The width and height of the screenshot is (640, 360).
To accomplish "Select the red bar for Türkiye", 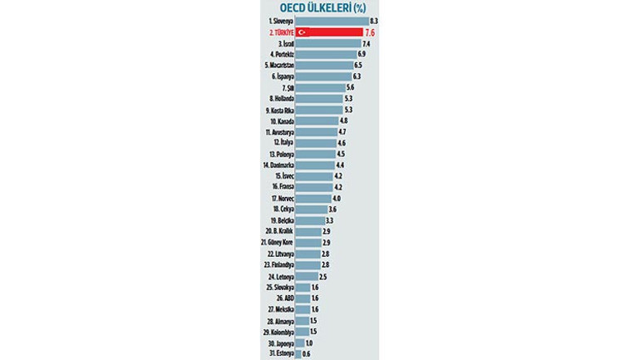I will (x=328, y=32).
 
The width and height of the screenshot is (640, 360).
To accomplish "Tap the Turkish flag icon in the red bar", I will (x=303, y=32).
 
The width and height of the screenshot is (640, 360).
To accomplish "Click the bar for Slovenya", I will (x=331, y=20).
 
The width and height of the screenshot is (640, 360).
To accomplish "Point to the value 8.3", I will (x=374, y=20).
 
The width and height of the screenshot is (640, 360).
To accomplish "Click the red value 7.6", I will (x=370, y=32).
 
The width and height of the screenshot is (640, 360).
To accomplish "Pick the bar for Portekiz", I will (x=324, y=54).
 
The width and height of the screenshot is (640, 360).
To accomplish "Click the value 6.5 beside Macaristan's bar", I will (x=358, y=65).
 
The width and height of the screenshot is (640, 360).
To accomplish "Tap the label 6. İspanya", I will (x=279, y=76).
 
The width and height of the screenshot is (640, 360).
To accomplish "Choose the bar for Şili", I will (x=318, y=87).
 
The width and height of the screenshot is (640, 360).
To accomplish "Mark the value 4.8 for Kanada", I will (x=344, y=121).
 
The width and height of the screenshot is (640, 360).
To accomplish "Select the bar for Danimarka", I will (x=313, y=165).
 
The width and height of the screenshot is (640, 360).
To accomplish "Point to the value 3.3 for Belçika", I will (x=330, y=220).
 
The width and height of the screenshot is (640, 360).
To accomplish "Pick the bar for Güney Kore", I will (x=308, y=243).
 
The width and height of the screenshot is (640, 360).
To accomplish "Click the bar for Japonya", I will (x=299, y=343).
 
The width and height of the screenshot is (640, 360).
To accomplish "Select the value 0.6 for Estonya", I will (x=307, y=353).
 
